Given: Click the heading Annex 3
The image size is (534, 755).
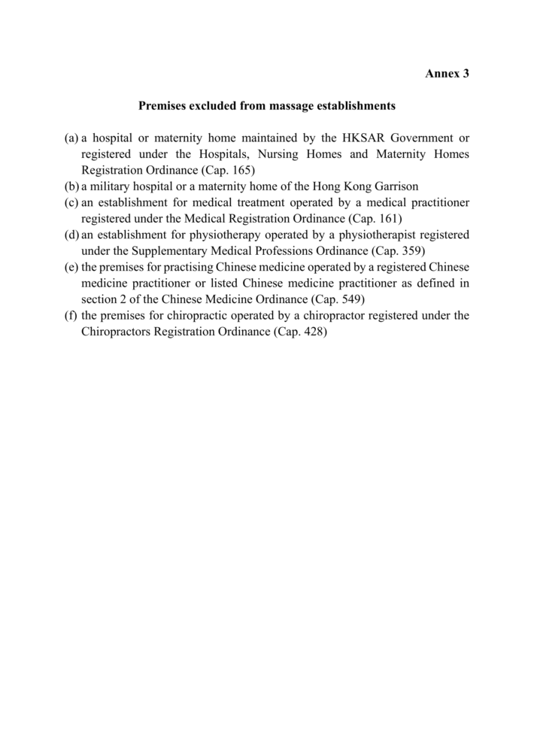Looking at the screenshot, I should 447,74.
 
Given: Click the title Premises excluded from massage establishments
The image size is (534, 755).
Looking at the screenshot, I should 267,107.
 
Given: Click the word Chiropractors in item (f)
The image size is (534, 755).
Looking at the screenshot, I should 116,332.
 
